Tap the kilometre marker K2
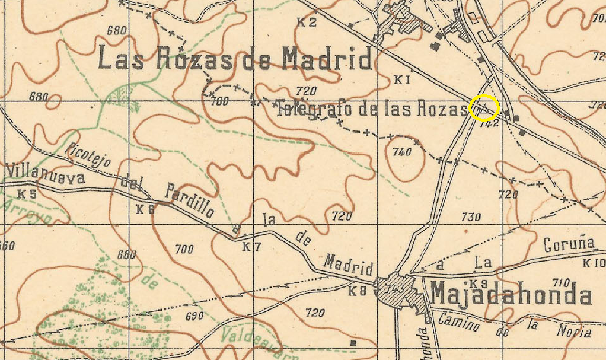click(x=307, y=23)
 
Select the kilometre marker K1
click(x=403, y=79)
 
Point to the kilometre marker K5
click(x=27, y=194)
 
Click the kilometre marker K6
click(x=145, y=209)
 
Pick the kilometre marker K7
click(x=251, y=247)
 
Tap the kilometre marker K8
click(x=358, y=291)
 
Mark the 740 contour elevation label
click(x=401, y=152)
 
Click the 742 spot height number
click(x=489, y=125)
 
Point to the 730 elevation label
click(x=470, y=218)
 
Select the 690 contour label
click(x=194, y=316)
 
